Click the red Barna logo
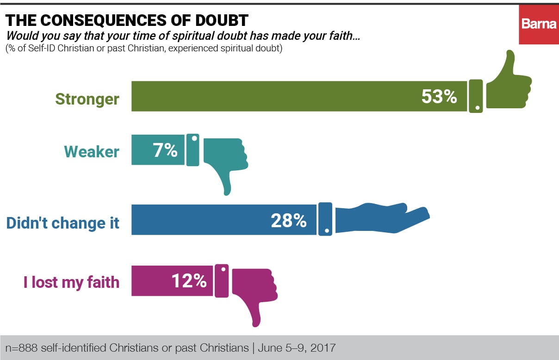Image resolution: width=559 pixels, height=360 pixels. (x=539, y=25)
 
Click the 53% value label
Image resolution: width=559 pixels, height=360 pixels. (x=439, y=96)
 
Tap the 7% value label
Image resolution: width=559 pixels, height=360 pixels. (x=165, y=150)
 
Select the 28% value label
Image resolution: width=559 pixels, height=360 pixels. (x=288, y=220)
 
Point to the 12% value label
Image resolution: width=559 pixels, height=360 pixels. (x=189, y=280)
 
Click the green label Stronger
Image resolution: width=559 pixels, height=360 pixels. (x=87, y=99)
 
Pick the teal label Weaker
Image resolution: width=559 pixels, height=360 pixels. (x=91, y=152)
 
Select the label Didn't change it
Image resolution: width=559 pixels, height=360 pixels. (x=63, y=223)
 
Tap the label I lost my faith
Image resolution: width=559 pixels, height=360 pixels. (x=71, y=282)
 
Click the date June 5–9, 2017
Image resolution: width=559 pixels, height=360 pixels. (x=297, y=348)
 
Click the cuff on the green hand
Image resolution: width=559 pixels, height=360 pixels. (x=476, y=96)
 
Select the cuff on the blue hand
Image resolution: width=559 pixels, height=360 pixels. (x=325, y=219)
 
